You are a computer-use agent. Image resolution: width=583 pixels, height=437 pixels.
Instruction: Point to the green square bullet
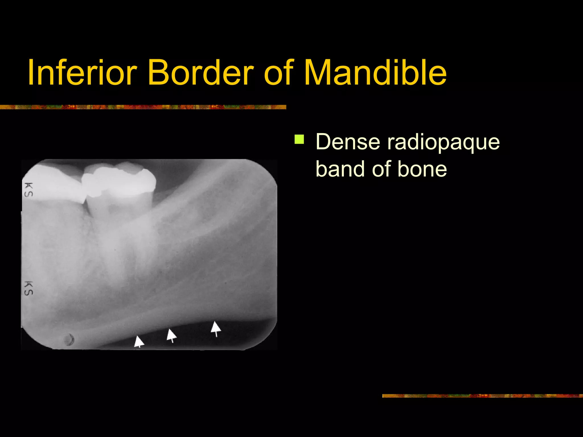click(x=299, y=139)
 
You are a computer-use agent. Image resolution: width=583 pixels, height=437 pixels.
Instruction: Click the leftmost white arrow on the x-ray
click(x=139, y=341)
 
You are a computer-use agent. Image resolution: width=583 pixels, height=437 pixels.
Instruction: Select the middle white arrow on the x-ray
click(x=171, y=335)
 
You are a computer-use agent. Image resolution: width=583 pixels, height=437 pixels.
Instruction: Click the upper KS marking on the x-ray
click(x=28, y=190)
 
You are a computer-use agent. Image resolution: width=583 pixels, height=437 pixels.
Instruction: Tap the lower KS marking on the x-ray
click(x=28, y=288)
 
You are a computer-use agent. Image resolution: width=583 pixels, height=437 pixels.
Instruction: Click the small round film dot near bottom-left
click(x=69, y=340)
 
